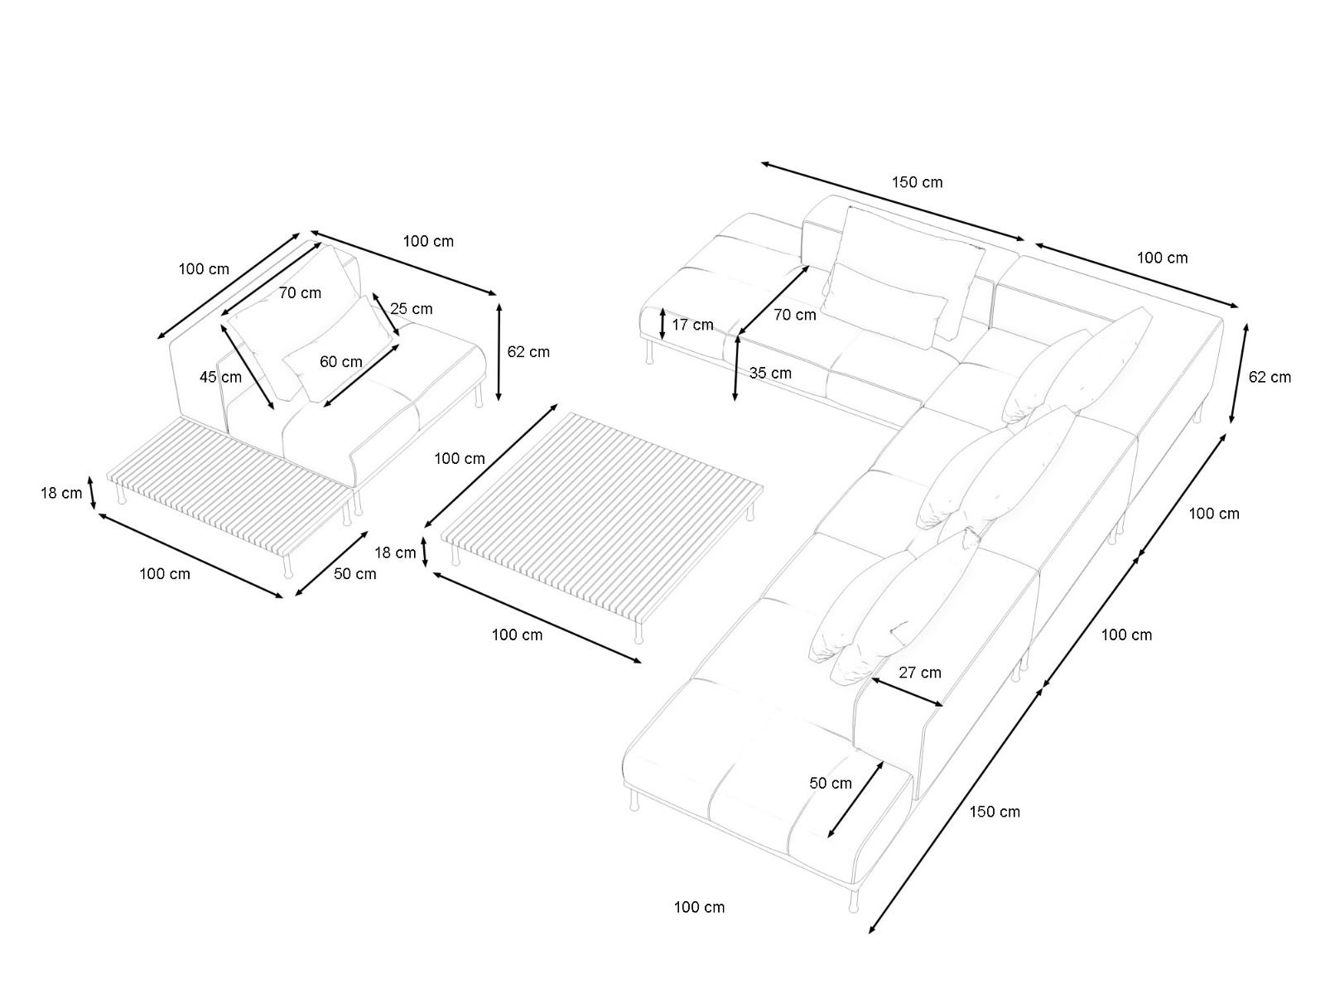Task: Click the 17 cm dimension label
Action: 692,325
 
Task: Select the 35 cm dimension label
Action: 770,373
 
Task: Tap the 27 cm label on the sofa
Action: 920,673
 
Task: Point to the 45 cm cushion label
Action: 220,377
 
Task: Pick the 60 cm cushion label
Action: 341,362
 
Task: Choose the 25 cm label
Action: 412,309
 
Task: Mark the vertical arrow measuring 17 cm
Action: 662,324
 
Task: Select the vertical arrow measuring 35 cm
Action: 736,369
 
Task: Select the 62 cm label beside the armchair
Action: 528,351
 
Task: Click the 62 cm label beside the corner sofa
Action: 1270,377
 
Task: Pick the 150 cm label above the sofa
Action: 917,182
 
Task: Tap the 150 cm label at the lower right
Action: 995,812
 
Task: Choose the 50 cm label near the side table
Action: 354,574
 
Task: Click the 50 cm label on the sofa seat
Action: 831,784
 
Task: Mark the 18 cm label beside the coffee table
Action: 395,552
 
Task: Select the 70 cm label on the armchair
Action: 300,292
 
